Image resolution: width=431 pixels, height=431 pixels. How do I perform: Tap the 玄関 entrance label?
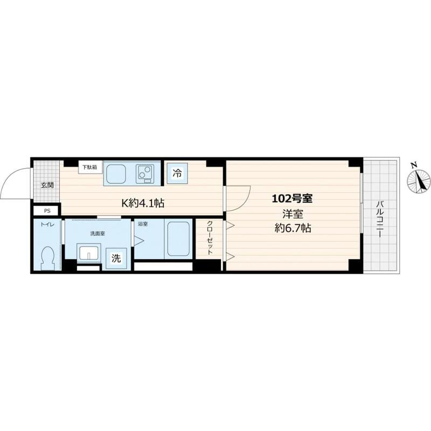[47, 185]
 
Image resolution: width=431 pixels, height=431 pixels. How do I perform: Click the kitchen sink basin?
[116, 174]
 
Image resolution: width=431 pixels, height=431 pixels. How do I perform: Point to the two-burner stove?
[145, 174]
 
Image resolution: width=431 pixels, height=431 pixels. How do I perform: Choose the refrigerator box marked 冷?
[177, 173]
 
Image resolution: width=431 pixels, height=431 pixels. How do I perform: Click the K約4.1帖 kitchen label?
[143, 203]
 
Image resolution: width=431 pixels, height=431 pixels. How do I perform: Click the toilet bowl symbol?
[47, 258]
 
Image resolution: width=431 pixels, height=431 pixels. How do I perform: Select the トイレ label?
[47, 225]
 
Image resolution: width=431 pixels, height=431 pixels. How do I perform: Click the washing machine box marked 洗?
[116, 258]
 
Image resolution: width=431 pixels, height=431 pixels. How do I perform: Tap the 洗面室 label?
[98, 234]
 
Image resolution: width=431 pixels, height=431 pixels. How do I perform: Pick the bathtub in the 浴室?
[179, 238]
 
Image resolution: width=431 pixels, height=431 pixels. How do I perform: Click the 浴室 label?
[143, 224]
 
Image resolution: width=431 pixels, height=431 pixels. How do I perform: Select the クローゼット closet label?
[210, 238]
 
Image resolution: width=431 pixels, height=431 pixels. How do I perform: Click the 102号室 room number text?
[292, 198]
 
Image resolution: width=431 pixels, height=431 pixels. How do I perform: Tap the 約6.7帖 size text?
[293, 228]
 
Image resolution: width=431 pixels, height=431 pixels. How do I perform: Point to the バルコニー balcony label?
[380, 219]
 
